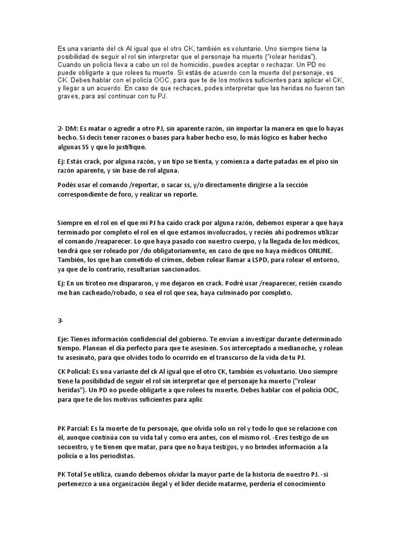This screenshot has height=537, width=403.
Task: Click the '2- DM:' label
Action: point(69,129)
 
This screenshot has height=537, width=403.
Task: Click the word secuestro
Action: point(77,447)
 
